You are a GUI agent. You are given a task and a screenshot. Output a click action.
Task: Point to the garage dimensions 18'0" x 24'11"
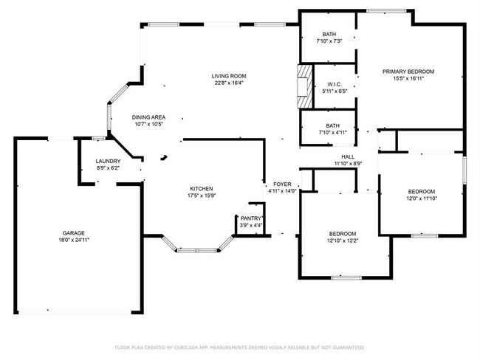coord(74,240)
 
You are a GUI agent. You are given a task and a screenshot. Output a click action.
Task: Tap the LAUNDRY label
coord(108,162)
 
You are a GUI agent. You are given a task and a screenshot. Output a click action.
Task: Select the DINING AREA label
coord(148,117)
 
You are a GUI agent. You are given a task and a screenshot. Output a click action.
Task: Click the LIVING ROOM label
coord(228,76)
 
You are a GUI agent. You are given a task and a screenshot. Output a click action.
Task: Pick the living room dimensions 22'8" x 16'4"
coord(228,83)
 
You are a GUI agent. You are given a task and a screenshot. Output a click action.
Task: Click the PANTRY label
coord(251,218)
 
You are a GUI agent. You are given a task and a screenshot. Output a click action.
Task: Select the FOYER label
coord(282,184)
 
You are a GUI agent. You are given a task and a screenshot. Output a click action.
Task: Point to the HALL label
coord(347,156)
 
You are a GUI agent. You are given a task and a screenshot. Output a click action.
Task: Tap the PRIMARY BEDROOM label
coord(408,72)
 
